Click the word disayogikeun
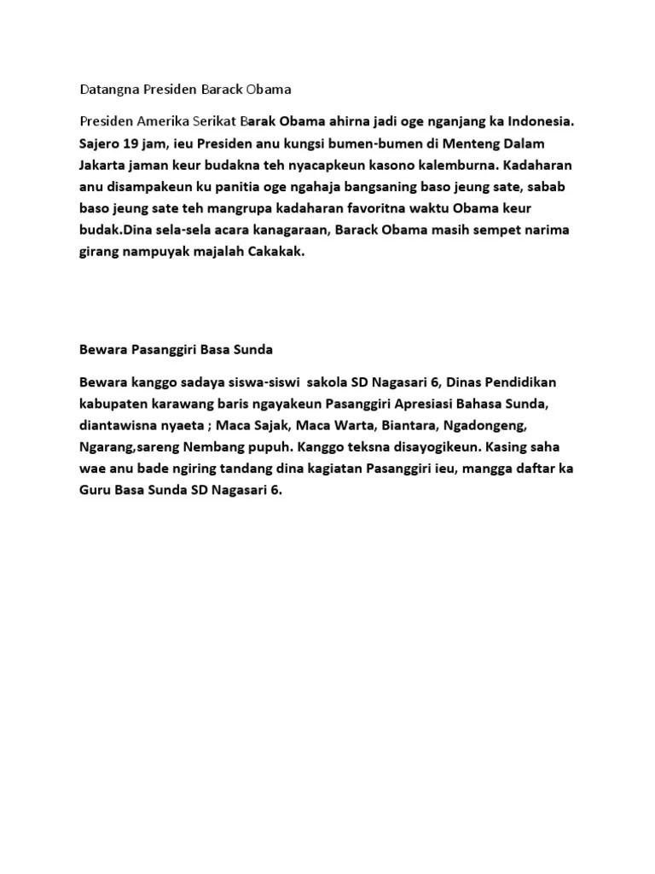[x=414, y=447]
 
